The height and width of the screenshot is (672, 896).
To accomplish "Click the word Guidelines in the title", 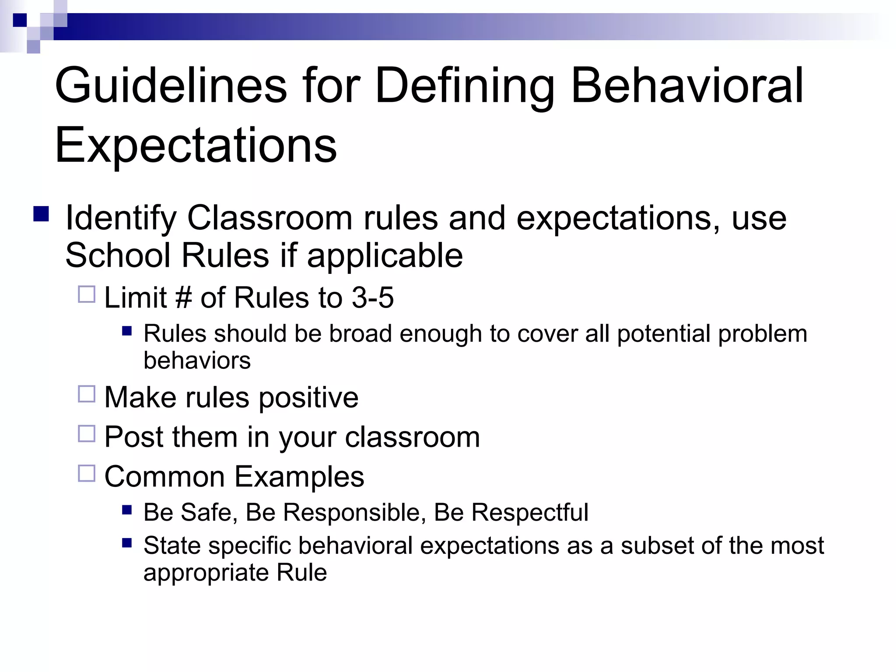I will click(171, 86).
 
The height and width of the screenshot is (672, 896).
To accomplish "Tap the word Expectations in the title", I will click(196, 145).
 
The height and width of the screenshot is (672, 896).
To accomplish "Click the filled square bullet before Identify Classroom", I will click(41, 214).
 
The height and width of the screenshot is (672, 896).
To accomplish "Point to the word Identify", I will click(120, 218).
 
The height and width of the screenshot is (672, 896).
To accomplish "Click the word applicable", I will click(385, 256).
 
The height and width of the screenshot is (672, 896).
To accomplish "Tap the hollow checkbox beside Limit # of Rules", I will click(87, 294).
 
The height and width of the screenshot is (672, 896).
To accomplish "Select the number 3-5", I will click(373, 298).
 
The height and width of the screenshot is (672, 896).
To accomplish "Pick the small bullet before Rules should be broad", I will click(127, 331).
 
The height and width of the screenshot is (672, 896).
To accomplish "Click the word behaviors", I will click(197, 361).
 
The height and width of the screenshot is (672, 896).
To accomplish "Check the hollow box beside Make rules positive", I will click(87, 394).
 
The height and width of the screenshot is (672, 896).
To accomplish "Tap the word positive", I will click(308, 398).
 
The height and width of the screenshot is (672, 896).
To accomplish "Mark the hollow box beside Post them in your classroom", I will click(87, 434).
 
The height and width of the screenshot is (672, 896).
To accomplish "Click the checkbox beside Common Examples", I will click(87, 473).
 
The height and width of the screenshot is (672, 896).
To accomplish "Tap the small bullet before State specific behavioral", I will click(127, 543).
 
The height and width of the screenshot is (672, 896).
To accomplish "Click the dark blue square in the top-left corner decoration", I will click(20, 20).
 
